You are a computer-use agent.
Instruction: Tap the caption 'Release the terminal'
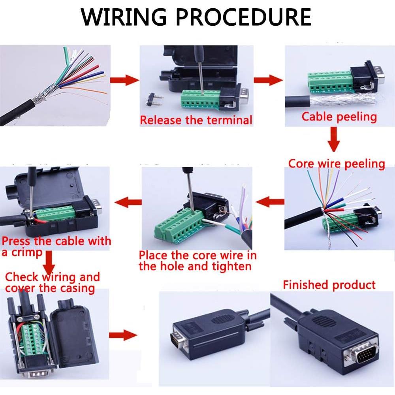tap(196, 120)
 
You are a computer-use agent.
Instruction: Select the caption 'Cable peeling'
tap(339, 117)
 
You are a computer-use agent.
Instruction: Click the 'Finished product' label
tap(329, 285)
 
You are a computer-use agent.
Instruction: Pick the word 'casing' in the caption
tap(77, 288)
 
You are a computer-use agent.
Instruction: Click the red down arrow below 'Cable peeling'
tap(334, 141)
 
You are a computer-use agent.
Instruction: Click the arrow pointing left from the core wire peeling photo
tap(270, 202)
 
